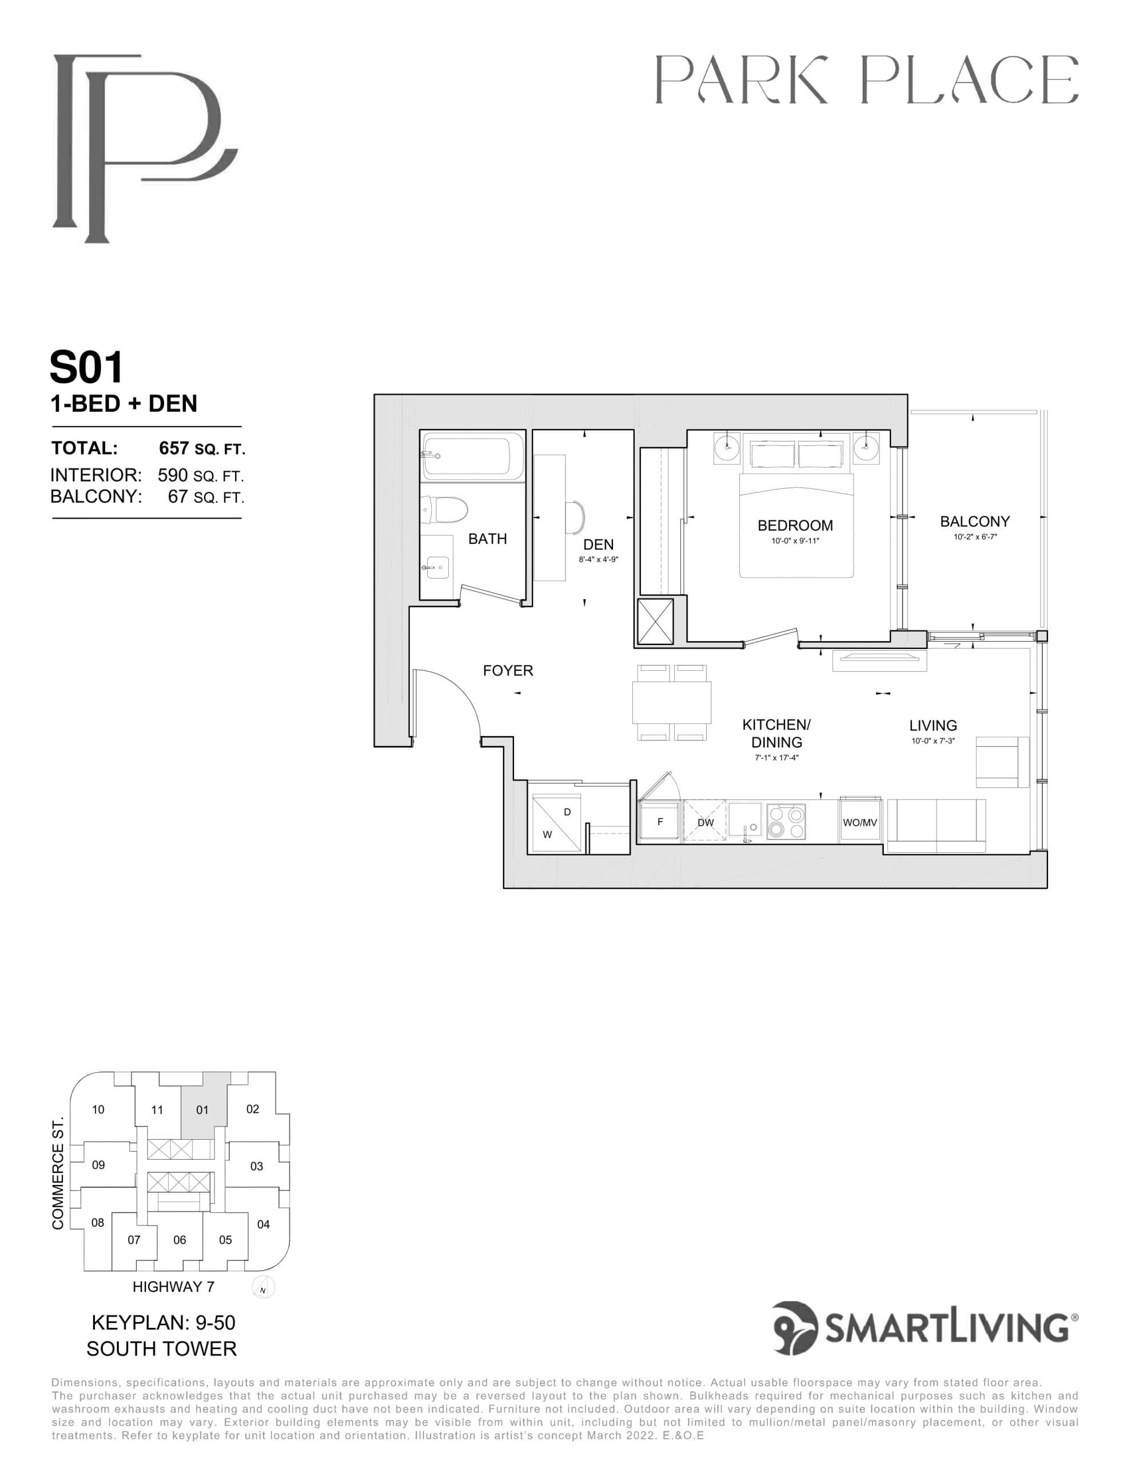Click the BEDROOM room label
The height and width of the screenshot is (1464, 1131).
pyautogui.click(x=795, y=526)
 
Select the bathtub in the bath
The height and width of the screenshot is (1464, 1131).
pyautogui.click(x=473, y=456)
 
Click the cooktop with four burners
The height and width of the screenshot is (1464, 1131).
pyautogui.click(x=786, y=822)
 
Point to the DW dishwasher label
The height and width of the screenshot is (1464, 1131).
pyautogui.click(x=705, y=822)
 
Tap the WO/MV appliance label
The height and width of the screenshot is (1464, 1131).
pyautogui.click(x=859, y=822)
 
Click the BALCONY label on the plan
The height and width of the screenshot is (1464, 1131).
pyautogui.click(x=974, y=522)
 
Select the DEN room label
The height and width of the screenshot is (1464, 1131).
pyautogui.click(x=598, y=544)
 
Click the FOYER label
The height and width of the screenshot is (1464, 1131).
pyautogui.click(x=508, y=670)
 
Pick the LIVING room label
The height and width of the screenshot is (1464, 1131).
pyautogui.click(x=933, y=725)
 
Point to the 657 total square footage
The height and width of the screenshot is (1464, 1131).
pyautogui.click(x=174, y=448)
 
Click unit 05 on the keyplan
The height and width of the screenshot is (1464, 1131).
pyautogui.click(x=225, y=1240)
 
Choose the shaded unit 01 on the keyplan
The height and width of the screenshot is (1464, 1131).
pyautogui.click(x=202, y=1110)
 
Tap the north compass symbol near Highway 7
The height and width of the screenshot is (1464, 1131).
pyautogui.click(x=264, y=1288)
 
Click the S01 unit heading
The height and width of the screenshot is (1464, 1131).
pyautogui.click(x=87, y=367)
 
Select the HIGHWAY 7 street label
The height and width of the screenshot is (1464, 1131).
pyautogui.click(x=173, y=1287)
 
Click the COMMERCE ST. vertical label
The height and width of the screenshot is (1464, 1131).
pyautogui.click(x=58, y=1173)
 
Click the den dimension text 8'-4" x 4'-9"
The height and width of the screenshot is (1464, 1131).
pyautogui.click(x=598, y=559)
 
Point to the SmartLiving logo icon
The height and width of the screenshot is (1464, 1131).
pyautogui.click(x=796, y=1328)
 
